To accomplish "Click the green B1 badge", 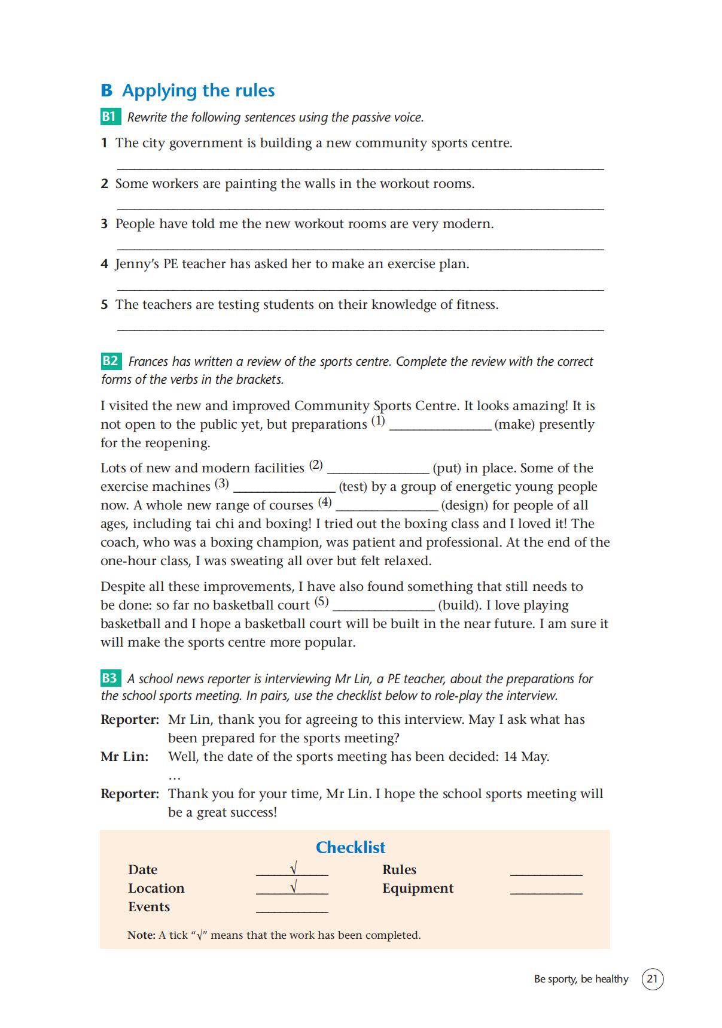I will (x=109, y=116).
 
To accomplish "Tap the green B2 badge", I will (x=111, y=361).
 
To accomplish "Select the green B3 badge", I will (x=110, y=678).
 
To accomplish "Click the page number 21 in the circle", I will (x=652, y=979).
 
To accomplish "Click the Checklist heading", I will (x=351, y=847).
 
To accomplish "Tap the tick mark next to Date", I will (x=293, y=868).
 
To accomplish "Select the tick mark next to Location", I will (x=293, y=887).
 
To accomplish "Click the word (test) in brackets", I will (x=353, y=487).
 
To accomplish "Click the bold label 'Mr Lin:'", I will (x=124, y=756).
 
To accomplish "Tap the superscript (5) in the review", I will (x=322, y=601).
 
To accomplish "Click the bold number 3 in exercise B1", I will (x=104, y=224).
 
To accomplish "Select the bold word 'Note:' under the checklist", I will (x=141, y=935).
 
